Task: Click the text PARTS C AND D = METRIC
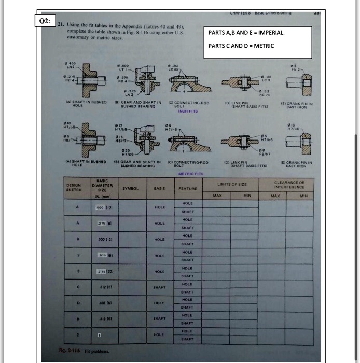pos(241,46)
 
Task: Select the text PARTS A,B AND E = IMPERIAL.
pos(246,33)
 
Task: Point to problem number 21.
pos(61,24)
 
